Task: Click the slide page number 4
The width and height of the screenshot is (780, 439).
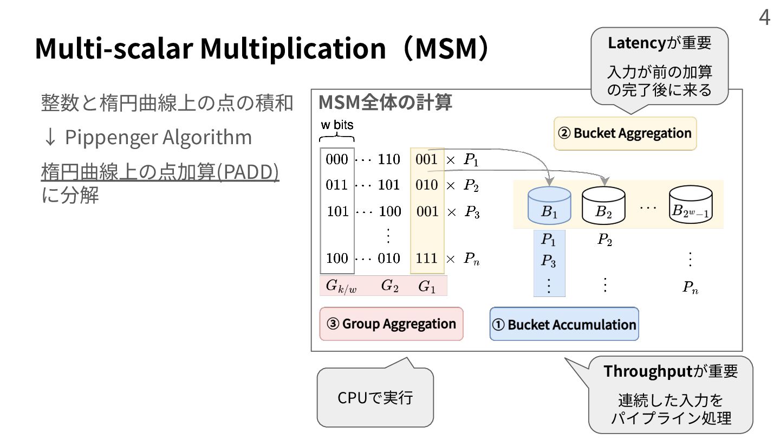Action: [764, 17]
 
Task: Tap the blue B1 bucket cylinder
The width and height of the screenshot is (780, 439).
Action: [549, 206]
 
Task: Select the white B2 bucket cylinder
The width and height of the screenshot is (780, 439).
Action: [603, 206]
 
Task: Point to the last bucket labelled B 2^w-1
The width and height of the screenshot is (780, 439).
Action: [690, 206]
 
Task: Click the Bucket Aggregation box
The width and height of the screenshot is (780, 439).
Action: [625, 133]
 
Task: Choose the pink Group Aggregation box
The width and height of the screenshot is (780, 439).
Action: [391, 324]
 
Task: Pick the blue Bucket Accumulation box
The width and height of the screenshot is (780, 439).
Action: [564, 324]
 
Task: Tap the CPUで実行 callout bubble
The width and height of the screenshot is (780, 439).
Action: [375, 398]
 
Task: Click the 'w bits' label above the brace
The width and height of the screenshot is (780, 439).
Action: [337, 125]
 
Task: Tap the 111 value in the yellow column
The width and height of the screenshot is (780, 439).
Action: [427, 258]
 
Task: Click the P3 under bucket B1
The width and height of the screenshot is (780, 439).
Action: [549, 261]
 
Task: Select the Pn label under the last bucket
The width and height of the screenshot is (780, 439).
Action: [690, 287]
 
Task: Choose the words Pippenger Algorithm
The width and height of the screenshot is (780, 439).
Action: [158, 137]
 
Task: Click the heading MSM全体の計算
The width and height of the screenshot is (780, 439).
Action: [385, 102]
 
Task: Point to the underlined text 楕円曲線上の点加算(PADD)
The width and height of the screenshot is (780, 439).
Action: [160, 172]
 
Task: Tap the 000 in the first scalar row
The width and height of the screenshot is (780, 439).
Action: [337, 159]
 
